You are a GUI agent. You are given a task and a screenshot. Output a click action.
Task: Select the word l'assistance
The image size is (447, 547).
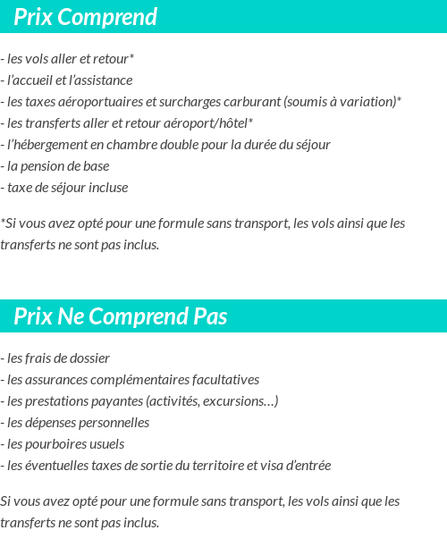(x=101, y=80)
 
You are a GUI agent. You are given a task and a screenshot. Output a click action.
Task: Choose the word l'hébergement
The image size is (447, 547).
(x=46, y=145)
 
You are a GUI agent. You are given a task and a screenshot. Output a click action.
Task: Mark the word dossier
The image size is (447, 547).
(x=89, y=358)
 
